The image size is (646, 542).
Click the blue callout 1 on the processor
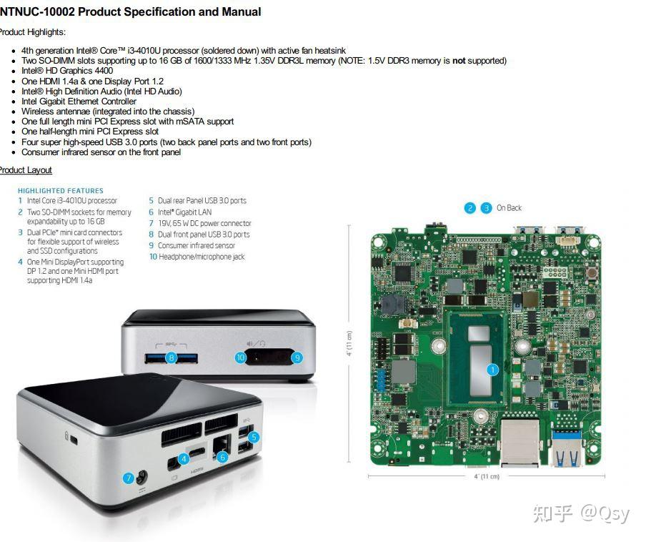492,370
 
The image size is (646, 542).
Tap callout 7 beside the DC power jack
129,478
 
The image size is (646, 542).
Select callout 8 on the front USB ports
172,358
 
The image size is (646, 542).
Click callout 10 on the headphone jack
240,358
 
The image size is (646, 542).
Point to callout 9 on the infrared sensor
297,358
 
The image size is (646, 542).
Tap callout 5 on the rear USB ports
254,437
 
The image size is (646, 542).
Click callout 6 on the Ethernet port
222,457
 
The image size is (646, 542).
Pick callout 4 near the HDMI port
184,458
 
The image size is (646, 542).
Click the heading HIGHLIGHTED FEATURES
61,191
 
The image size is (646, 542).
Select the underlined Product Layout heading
26,170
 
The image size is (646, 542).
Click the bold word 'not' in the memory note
459,61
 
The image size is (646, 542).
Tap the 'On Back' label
509,208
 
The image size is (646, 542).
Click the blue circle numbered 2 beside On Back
469,208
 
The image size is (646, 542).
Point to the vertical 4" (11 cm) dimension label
349,343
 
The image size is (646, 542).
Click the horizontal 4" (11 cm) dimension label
487,476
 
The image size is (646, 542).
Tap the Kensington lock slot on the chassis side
74,440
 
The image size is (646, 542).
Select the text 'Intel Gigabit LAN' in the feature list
184,212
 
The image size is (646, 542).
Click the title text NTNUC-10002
37,11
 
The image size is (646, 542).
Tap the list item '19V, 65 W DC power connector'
204,223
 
